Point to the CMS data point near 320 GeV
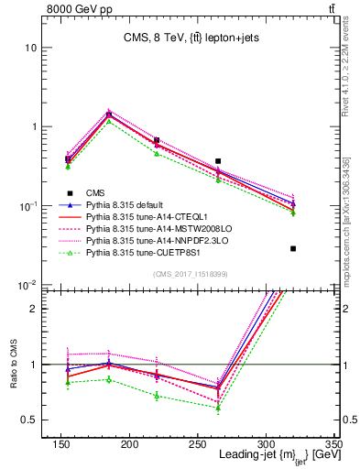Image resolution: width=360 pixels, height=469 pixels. pos(293,248)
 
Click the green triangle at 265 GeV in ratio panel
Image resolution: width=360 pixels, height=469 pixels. pos(243,408)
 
